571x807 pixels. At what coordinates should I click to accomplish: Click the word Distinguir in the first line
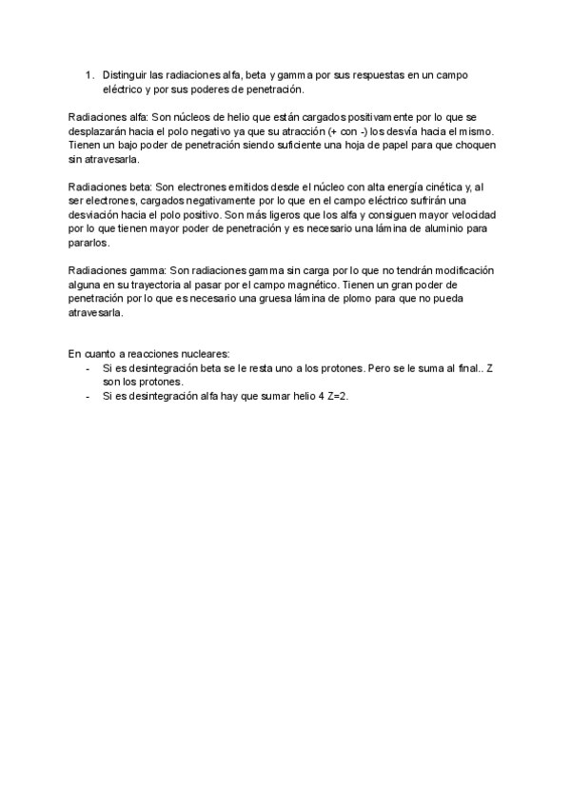(125, 75)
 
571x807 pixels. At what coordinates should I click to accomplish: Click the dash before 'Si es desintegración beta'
(88, 365)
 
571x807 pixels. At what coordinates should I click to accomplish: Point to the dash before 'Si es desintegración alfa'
(88, 394)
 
